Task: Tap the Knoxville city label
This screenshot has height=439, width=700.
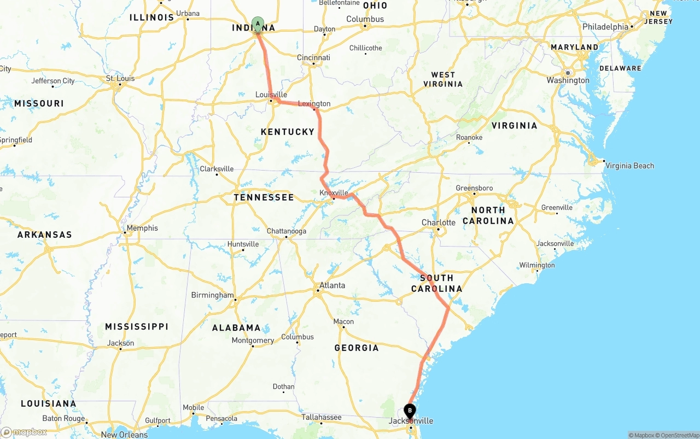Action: [x=334, y=193]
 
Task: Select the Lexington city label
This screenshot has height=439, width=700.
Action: [x=314, y=104]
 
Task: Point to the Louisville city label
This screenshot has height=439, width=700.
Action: [x=271, y=95]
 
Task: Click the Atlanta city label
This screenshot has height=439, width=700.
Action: [x=332, y=285]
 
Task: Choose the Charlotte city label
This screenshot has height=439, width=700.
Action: [x=439, y=223]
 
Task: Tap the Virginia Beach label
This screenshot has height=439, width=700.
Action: [x=629, y=166]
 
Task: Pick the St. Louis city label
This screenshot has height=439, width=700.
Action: [x=120, y=78]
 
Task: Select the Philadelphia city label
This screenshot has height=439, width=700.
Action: [x=605, y=27]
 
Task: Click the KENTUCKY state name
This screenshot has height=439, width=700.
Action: [x=288, y=132]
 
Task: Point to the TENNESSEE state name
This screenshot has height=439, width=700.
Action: [x=264, y=197]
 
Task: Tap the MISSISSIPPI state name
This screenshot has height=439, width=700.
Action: [x=137, y=326]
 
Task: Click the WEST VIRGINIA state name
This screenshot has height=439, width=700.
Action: [x=443, y=79]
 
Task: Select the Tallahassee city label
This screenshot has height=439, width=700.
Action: [x=322, y=417]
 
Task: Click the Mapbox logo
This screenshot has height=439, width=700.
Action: [x=24, y=432]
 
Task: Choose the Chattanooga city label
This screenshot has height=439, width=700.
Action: [x=287, y=231]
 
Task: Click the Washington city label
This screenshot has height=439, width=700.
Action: [x=568, y=80]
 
